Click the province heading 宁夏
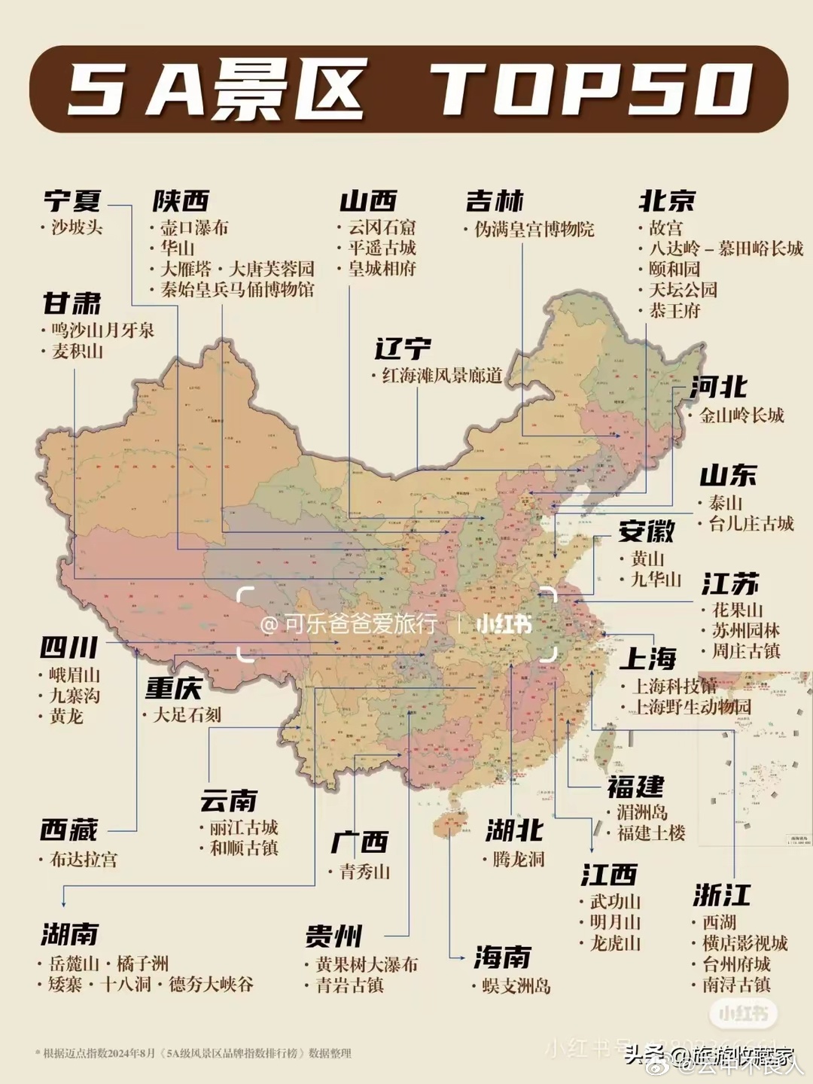pyautogui.click(x=72, y=201)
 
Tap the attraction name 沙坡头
pyautogui.click(x=77, y=227)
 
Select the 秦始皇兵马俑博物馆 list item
pyautogui.click(x=237, y=290)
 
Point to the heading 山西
pyautogui.click(x=368, y=201)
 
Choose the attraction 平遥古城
pyautogui.click(x=382, y=248)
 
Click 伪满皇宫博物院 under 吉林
pyautogui.click(x=534, y=229)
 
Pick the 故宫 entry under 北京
pyautogui.click(x=665, y=227)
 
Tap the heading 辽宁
pyautogui.click(x=403, y=349)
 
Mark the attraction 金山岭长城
pyautogui.click(x=741, y=415)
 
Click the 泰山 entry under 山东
pyautogui.click(x=725, y=503)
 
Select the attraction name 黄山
pyautogui.click(x=647, y=559)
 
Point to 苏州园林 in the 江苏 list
pyautogui.click(x=745, y=631)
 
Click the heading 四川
pyautogui.click(x=69, y=647)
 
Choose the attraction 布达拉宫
pyautogui.click(x=83, y=859)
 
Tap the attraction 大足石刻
pyautogui.click(x=187, y=714)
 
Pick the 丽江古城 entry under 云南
pyautogui.click(x=243, y=827)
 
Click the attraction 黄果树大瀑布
pyautogui.click(x=367, y=964)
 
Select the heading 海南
pyautogui.click(x=502, y=958)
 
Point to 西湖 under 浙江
pyautogui.click(x=719, y=922)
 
